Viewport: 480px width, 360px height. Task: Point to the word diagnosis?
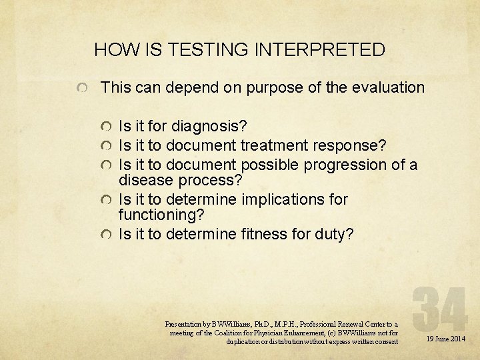[x=209, y=125]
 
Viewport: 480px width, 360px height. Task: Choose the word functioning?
[x=161, y=215]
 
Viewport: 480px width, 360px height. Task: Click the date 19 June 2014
[x=446, y=339]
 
